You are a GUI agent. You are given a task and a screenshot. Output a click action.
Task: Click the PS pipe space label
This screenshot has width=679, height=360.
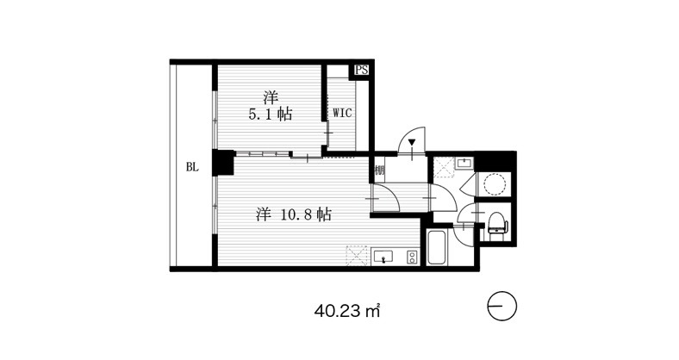(362, 70)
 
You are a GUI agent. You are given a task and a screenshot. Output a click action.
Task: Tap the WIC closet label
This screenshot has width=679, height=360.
(342, 114)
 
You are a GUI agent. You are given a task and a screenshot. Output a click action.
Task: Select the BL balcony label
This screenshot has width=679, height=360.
(192, 167)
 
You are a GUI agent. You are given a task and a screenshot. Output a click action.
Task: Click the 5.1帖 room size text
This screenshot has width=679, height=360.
(270, 115)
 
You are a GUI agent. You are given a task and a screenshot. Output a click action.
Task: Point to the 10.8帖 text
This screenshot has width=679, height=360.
(307, 214)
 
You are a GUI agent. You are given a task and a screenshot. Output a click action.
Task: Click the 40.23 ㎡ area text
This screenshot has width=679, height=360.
(347, 311)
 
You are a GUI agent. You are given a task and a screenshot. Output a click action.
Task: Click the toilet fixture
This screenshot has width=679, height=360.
(496, 224)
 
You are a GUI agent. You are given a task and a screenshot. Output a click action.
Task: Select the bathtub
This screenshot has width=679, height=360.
(437, 248)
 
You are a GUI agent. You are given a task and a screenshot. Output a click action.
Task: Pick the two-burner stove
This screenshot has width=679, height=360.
(413, 257)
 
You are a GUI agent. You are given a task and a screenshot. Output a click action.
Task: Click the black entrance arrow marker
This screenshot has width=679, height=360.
(412, 142)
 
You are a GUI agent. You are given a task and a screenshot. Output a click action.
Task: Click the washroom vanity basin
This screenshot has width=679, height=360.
(465, 163)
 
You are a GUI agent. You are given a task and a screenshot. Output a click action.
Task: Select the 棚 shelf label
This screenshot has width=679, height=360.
(379, 170)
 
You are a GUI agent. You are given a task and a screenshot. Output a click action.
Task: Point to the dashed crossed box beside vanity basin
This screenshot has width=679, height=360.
(444, 168)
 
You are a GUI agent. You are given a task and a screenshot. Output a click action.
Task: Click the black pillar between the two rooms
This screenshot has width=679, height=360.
(223, 162)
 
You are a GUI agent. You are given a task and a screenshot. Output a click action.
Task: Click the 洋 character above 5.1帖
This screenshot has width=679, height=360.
(271, 98)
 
